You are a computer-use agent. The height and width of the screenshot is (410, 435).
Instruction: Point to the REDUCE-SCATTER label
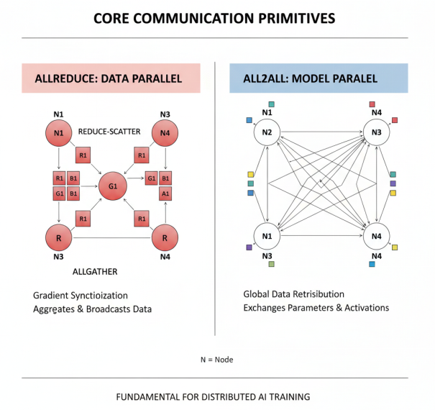click(109, 132)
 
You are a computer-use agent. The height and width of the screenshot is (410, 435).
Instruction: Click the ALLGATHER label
click(95, 272)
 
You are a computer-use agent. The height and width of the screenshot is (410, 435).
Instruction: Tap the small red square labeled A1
click(165, 193)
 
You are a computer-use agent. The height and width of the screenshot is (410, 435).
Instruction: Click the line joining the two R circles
click(111, 237)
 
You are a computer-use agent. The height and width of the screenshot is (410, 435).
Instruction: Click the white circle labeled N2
click(267, 132)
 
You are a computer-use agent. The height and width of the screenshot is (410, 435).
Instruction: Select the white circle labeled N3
click(376, 132)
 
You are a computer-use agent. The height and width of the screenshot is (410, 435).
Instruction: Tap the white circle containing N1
click(267, 236)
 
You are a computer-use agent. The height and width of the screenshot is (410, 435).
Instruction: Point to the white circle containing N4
click(376, 236)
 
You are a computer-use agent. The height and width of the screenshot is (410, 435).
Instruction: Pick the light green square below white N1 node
click(271, 265)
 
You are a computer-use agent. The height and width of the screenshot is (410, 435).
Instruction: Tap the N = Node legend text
click(216, 359)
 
